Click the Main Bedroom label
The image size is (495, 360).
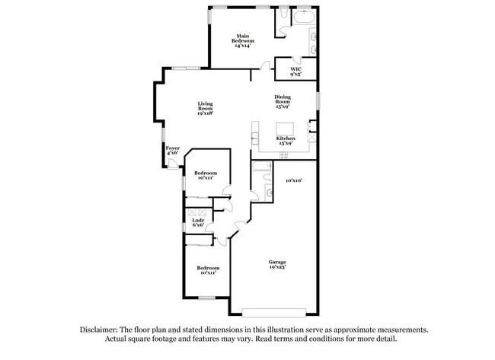243,40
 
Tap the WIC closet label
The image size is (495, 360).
296,72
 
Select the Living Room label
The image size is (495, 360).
205,108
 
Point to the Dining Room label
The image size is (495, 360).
284,101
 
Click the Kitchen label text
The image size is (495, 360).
286,140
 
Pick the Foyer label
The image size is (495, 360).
173,151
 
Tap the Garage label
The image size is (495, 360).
276,265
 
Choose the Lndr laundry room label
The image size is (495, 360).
197,222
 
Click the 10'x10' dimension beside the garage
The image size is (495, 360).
295,180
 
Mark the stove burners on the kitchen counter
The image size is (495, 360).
284,155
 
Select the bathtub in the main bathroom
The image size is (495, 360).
304,15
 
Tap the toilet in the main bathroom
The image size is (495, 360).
283,14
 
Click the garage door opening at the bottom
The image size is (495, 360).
274,311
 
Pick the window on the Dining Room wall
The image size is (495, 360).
318,101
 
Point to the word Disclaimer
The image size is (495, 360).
101,330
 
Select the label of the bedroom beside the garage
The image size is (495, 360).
208,270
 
